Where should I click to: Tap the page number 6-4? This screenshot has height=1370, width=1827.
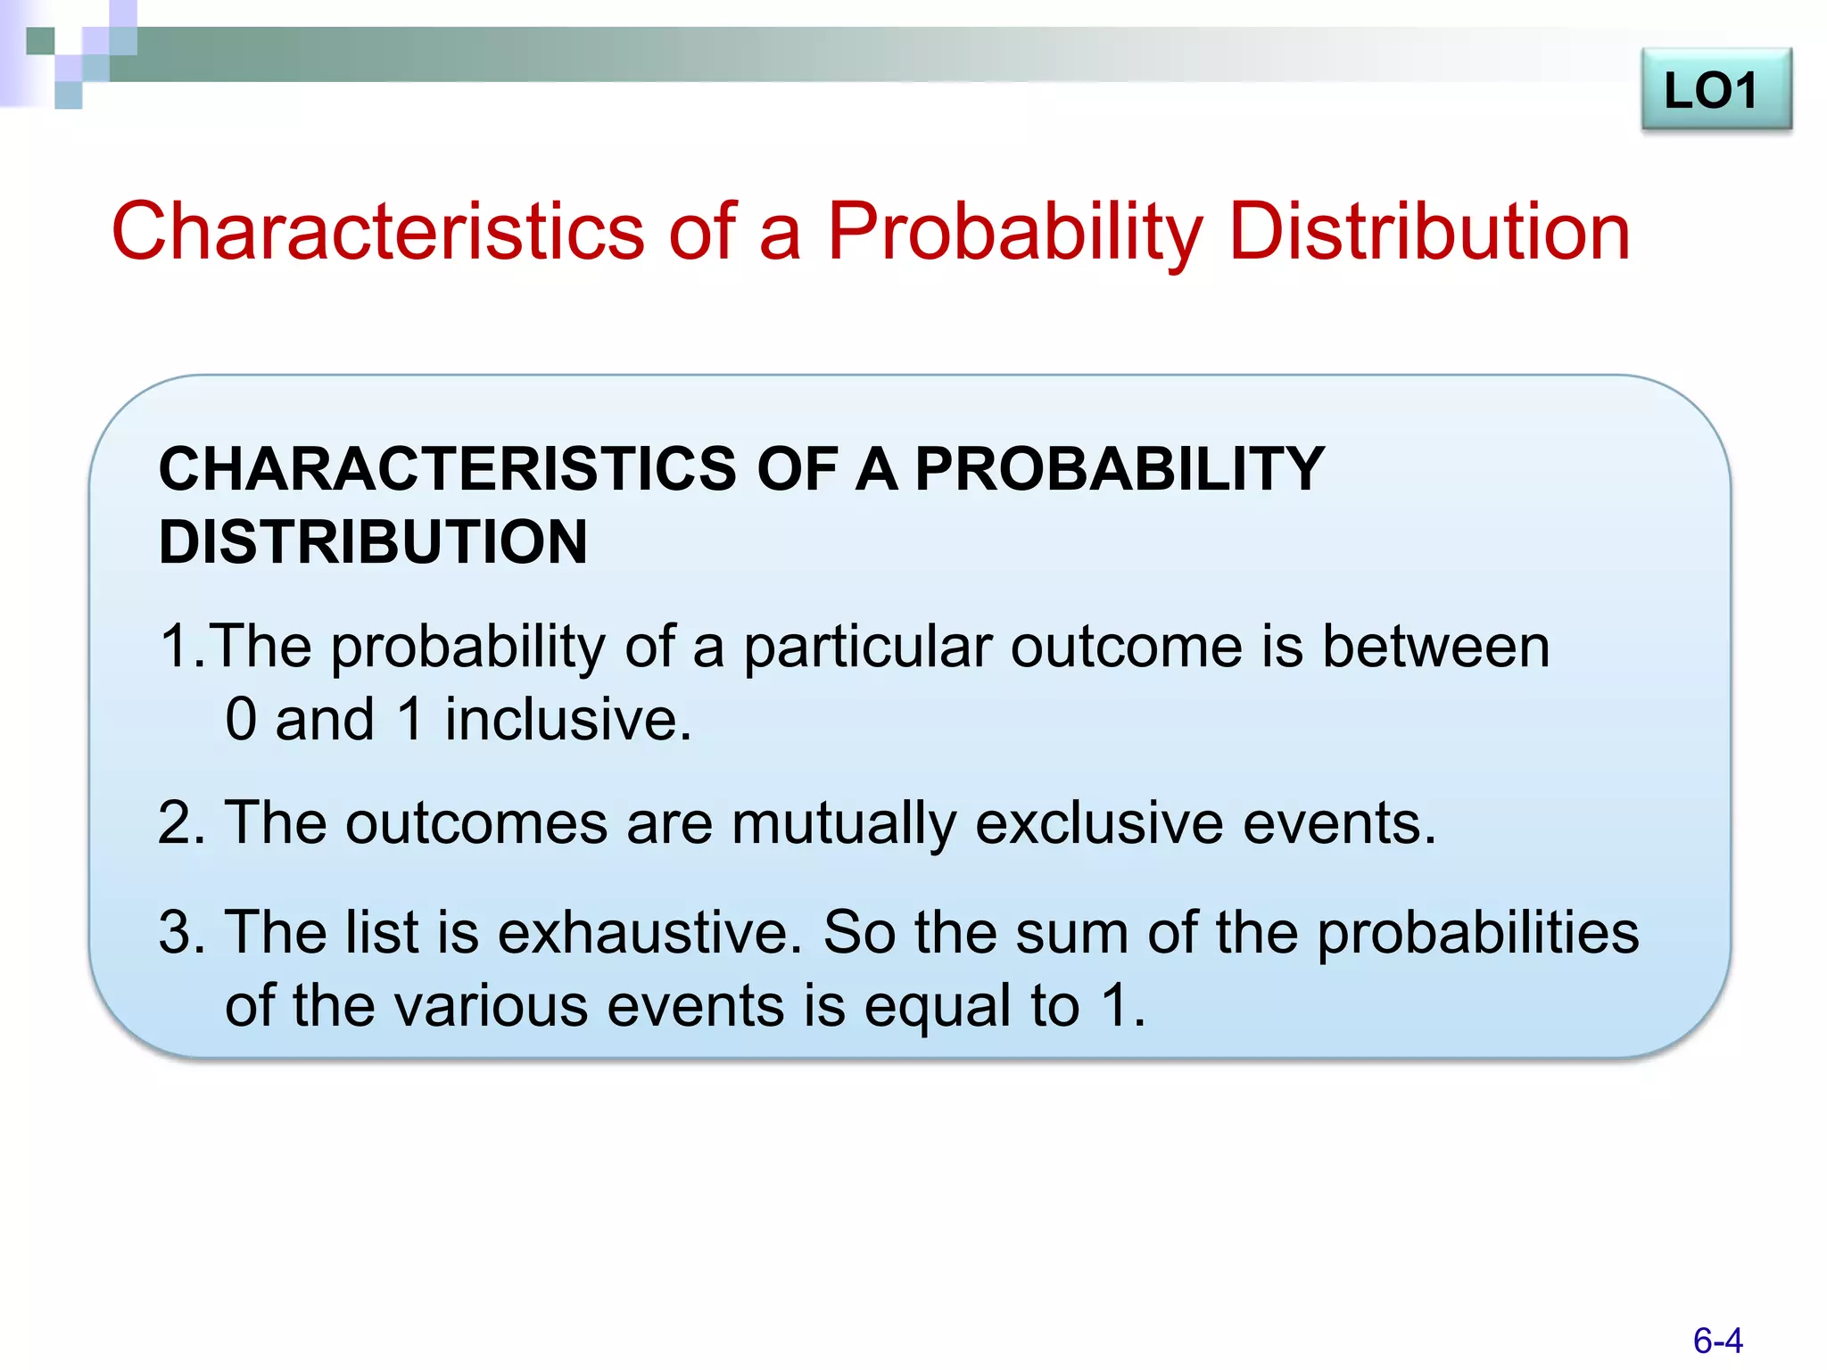click(x=1717, y=1341)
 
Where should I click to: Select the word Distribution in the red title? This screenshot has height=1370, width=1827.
click(x=1429, y=232)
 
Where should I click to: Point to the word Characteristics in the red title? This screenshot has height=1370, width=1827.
click(x=377, y=232)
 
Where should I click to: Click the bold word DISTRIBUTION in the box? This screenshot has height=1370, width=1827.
click(x=373, y=542)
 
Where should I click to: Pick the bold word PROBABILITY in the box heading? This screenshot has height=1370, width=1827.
click(x=1120, y=469)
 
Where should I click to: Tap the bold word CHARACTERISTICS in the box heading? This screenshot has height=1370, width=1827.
click(x=448, y=469)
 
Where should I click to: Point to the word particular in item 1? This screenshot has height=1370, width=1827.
click(x=867, y=648)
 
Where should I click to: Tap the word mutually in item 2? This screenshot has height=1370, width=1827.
click(x=843, y=824)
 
